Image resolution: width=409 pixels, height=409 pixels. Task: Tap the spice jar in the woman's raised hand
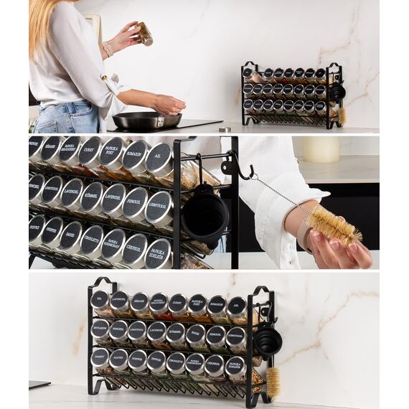pos(145,34)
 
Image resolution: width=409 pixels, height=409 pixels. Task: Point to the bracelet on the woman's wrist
pos(108,48)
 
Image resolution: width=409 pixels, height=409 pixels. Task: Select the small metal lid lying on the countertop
pos(225,130)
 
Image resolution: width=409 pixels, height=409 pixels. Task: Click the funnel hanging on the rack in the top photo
pos(337,92)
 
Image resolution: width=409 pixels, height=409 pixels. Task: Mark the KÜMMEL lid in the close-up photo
pos(91,198)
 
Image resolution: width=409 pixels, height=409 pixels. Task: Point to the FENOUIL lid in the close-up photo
pos(135,203)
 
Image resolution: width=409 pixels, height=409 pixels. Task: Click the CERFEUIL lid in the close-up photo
pos(134,250)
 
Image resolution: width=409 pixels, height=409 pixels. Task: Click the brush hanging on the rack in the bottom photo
pos(273,382)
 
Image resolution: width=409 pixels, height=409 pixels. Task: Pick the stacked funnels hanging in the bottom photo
pos(268,342)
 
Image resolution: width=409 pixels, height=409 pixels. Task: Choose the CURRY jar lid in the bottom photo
pos(178,304)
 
